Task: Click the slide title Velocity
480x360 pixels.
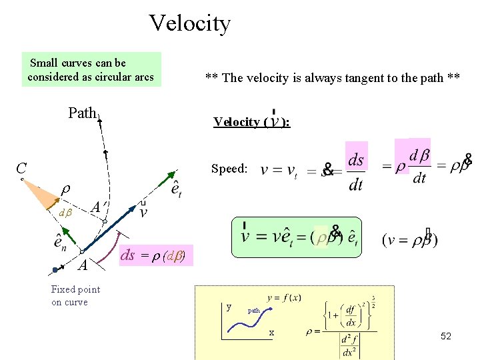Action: click(190, 23)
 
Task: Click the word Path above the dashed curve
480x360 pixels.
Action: click(82, 113)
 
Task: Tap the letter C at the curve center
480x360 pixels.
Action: click(22, 167)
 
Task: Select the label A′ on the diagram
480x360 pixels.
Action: click(97, 207)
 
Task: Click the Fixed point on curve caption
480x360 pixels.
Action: click(75, 295)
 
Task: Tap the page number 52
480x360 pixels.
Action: click(446, 336)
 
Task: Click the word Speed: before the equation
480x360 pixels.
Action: click(229, 169)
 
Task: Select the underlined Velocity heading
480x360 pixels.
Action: click(251, 121)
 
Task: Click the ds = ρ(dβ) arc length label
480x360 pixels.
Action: click(153, 255)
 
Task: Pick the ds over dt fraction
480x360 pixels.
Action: click(356, 171)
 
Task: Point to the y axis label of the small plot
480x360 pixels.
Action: click(229, 307)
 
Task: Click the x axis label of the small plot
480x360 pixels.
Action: click(271, 332)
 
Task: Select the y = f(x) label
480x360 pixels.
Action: click(284, 297)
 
